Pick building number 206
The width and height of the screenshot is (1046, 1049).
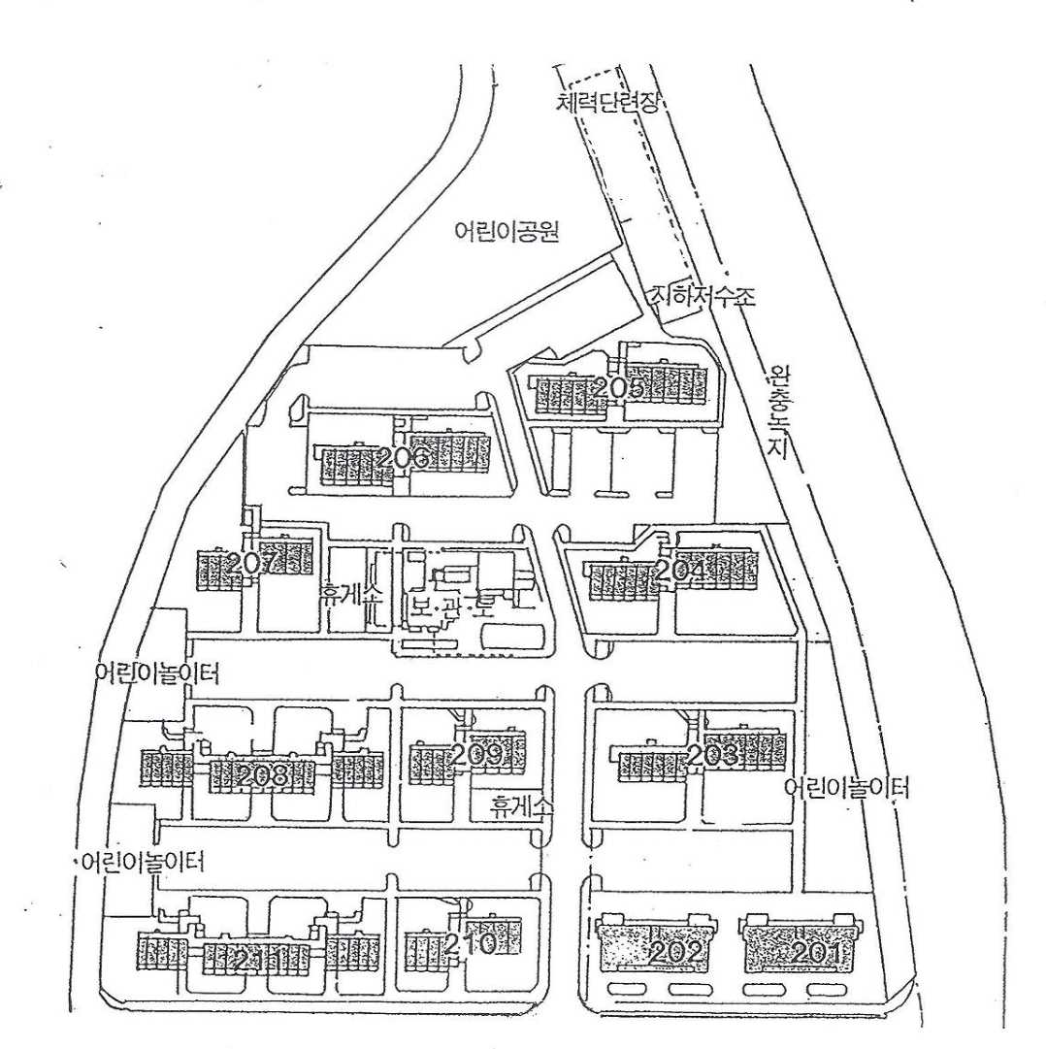[404, 458]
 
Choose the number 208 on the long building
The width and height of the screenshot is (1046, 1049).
[261, 774]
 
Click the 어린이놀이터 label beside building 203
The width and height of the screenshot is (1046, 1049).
[848, 787]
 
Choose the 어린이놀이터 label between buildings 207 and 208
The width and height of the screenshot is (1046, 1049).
[158, 672]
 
